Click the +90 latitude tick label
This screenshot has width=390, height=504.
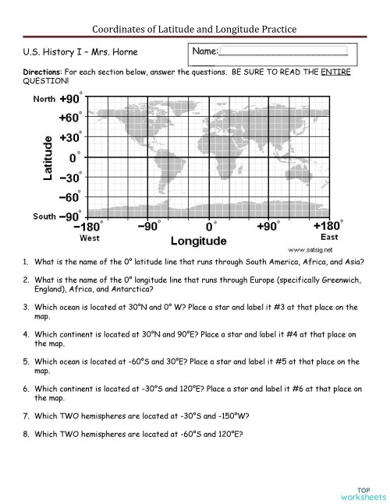pos(69,100)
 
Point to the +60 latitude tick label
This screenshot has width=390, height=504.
pos(69,118)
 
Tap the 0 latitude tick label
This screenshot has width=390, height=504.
pos(74,157)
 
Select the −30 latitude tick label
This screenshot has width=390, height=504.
pos(69,177)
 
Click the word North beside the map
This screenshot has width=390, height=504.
pos(44,100)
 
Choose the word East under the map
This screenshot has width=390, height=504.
pos(330,237)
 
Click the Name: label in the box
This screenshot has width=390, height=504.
pos(205,51)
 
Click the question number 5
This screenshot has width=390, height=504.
pos(26,361)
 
